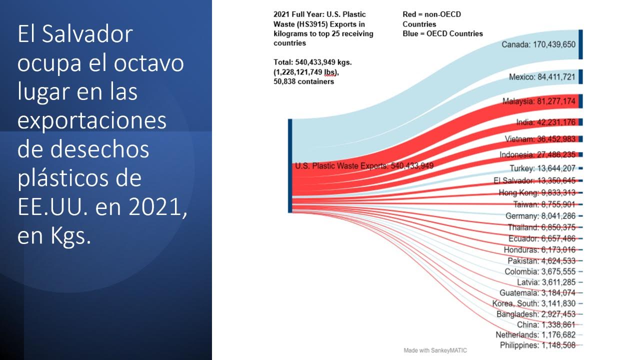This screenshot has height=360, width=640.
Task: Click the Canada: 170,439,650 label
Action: (538, 44)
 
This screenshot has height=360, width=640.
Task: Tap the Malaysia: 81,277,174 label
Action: (539, 101)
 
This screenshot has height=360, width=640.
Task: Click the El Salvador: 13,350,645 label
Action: (534, 180)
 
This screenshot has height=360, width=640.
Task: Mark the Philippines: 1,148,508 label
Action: (537, 345)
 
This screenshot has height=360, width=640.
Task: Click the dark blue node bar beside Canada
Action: (580, 44)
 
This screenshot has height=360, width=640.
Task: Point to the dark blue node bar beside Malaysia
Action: (580, 101)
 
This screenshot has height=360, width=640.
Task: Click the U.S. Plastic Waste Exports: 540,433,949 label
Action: (363, 166)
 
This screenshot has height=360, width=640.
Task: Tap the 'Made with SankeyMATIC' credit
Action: (435, 350)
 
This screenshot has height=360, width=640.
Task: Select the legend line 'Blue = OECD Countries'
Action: (442, 33)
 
